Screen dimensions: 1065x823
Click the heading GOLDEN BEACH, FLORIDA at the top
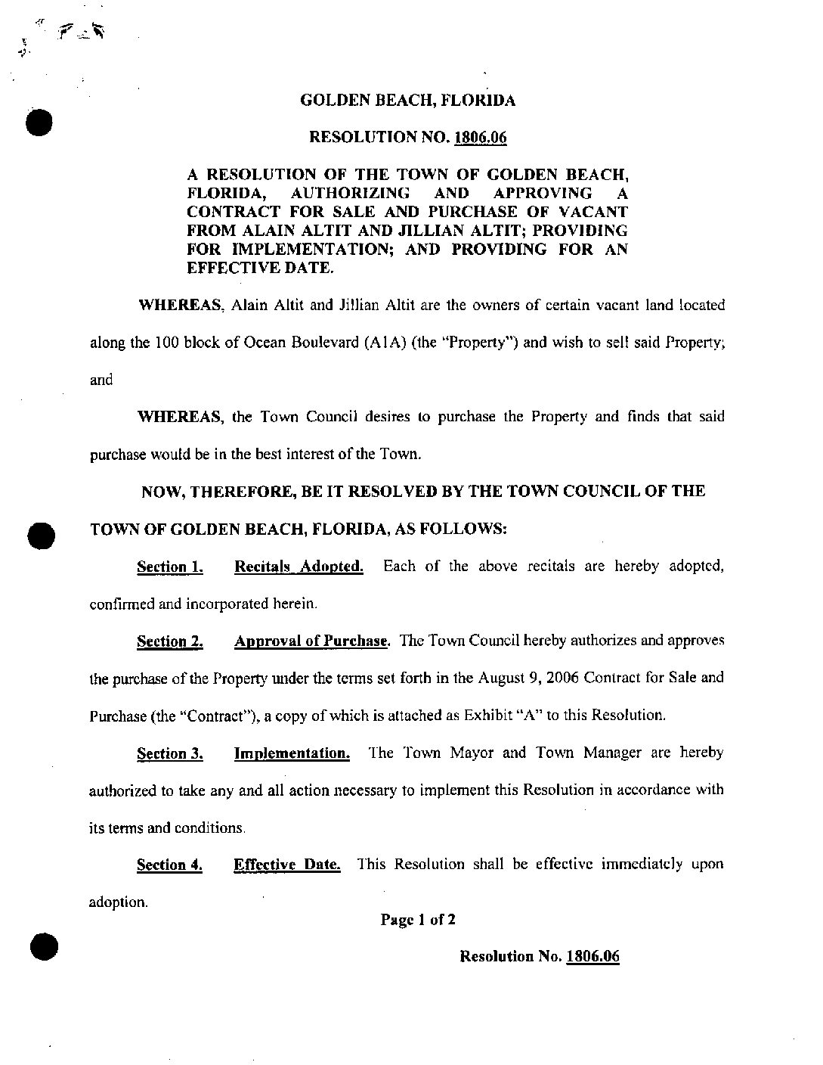coord(408,100)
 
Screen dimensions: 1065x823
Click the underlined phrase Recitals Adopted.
coord(299,567)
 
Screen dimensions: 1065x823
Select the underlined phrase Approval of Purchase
coord(311,641)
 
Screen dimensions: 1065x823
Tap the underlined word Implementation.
coord(292,753)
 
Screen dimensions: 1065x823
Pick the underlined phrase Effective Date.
coord(287,865)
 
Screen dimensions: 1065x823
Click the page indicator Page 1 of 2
coord(418,920)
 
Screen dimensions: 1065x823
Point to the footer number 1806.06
coord(592,956)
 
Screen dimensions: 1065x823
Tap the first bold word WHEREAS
coord(181,306)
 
